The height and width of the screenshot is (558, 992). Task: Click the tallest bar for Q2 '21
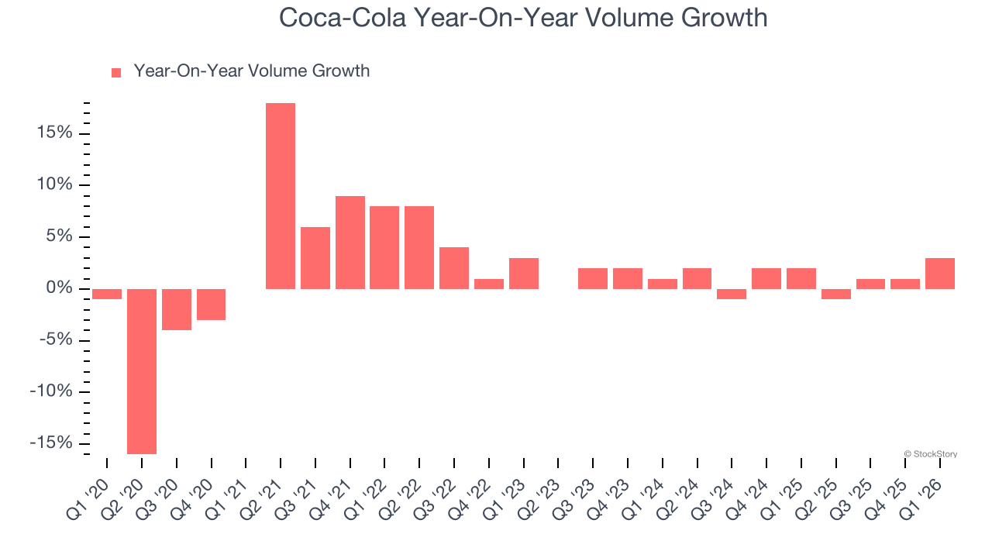(281, 196)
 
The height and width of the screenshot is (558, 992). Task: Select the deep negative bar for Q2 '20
(142, 371)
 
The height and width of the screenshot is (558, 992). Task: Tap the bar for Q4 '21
(350, 243)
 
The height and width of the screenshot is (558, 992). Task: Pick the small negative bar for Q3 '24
(732, 294)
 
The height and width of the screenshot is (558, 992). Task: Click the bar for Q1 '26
(940, 274)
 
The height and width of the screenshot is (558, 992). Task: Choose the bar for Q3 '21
(315, 258)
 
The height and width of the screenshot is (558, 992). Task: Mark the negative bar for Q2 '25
(836, 294)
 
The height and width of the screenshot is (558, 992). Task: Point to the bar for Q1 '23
(524, 274)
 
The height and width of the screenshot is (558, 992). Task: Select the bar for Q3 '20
(177, 309)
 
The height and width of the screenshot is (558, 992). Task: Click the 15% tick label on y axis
(53, 133)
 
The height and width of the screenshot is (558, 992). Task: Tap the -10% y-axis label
(50, 391)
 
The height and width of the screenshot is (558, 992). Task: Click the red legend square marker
(116, 73)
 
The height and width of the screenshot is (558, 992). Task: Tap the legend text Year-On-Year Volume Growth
(251, 71)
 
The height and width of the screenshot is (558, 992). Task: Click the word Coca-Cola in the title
(342, 18)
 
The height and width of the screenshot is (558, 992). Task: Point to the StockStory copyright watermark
(931, 454)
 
